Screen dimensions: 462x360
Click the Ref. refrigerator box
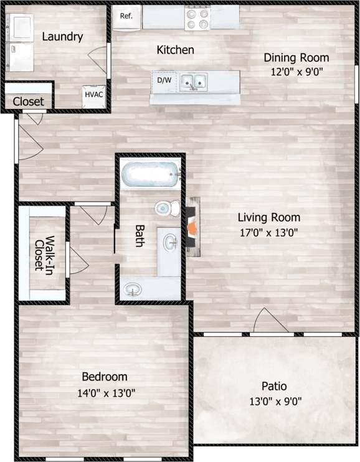[126, 17]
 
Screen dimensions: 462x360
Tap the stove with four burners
[199, 18]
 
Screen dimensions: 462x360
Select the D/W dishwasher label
[164, 81]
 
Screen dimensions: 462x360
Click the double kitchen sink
[194, 81]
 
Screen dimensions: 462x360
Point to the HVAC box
[94, 95]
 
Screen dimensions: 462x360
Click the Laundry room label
[62, 37]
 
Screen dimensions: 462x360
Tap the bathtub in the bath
[150, 175]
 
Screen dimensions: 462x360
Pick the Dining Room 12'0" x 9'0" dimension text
[296, 71]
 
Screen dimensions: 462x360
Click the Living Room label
[269, 218]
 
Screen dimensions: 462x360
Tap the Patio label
[274, 386]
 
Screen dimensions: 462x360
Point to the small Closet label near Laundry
[28, 101]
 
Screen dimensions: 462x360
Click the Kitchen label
[175, 50]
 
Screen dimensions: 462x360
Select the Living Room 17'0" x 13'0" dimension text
[269, 233]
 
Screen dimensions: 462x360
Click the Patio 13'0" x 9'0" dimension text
[274, 402]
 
